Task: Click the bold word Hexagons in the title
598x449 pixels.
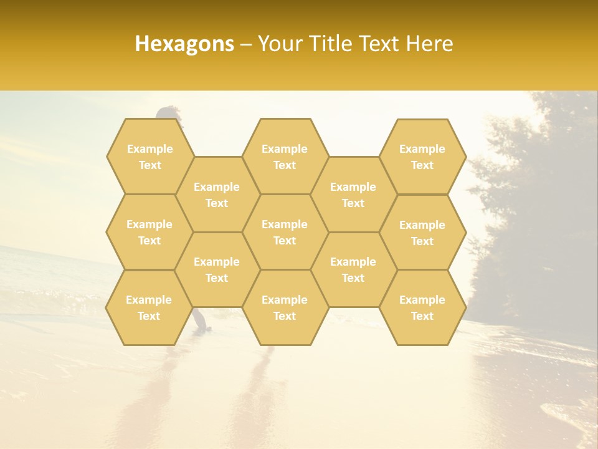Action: (x=184, y=44)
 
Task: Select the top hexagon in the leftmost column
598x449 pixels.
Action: (x=149, y=157)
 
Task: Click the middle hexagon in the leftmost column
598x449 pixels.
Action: (x=149, y=232)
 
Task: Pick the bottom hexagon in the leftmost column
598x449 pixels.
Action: (x=149, y=307)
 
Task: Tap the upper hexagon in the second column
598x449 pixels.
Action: (x=217, y=195)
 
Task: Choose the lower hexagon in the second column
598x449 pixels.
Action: (x=217, y=269)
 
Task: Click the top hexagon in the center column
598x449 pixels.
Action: (x=285, y=157)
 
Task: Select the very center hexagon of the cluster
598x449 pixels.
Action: (x=285, y=232)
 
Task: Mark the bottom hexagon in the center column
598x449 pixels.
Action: (x=285, y=307)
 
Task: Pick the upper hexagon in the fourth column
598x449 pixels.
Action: (x=353, y=195)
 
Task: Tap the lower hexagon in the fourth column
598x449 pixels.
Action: (x=353, y=269)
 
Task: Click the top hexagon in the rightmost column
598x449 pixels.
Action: (x=422, y=157)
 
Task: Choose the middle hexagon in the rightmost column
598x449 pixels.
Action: (x=422, y=233)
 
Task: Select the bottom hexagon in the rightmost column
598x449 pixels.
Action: (x=422, y=307)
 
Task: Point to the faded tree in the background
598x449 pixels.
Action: (x=536, y=206)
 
